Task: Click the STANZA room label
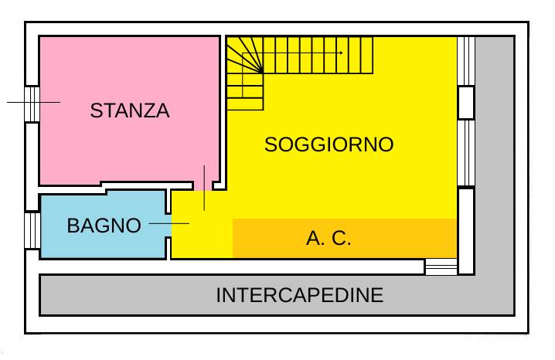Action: pyautogui.click(x=130, y=110)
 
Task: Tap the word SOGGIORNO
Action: pyautogui.click(x=329, y=144)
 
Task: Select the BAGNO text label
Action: pyautogui.click(x=104, y=226)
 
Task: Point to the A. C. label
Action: pyautogui.click(x=329, y=238)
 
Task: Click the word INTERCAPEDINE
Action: pyautogui.click(x=299, y=295)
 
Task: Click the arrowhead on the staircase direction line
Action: pyautogui.click(x=341, y=53)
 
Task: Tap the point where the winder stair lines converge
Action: pyautogui.click(x=262, y=73)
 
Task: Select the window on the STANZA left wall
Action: pyautogui.click(x=32, y=104)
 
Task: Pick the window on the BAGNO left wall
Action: pyautogui.click(x=32, y=230)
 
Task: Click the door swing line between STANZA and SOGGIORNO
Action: pyautogui.click(x=204, y=188)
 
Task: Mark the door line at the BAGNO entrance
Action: pyautogui.click(x=169, y=223)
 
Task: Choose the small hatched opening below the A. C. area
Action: pyautogui.click(x=441, y=267)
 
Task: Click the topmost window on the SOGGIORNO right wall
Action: pyautogui.click(x=466, y=61)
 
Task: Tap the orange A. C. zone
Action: pyautogui.click(x=345, y=239)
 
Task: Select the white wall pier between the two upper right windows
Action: pyautogui.click(x=466, y=103)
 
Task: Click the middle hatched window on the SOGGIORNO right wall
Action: pyautogui.click(x=466, y=153)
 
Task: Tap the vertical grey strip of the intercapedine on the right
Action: pyautogui.click(x=495, y=155)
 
